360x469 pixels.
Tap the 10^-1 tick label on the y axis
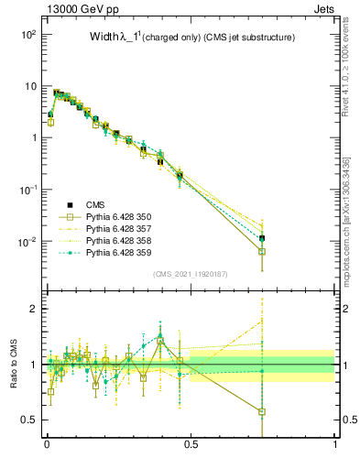pos(25,190)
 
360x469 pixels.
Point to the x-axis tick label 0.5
pos(191,444)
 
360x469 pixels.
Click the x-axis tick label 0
pos(47,444)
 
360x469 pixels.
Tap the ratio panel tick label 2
pos(34,309)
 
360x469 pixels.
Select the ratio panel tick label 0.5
pos(29,420)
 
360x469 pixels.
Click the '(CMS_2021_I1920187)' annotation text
pos(191,273)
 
